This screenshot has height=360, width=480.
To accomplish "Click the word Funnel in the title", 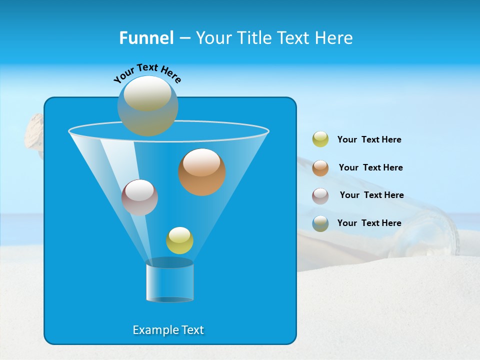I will click(x=146, y=38).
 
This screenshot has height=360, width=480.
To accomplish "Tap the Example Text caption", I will click(x=168, y=330).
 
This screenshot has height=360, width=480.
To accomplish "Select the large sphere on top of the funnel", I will click(x=147, y=105).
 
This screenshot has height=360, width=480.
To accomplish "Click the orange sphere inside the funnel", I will click(x=202, y=172).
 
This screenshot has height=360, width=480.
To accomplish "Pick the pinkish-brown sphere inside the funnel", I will click(x=139, y=197).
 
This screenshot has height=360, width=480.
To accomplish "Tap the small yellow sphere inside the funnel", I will click(x=179, y=240).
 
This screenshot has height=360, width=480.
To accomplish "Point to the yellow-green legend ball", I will click(x=320, y=139).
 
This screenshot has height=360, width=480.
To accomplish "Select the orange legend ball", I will click(x=320, y=168).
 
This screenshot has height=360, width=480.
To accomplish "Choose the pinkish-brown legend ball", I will click(x=320, y=196).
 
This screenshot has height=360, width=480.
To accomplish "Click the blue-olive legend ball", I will click(x=320, y=223).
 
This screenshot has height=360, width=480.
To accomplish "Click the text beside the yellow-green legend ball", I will click(x=369, y=140).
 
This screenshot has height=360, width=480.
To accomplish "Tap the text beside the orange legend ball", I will click(x=370, y=168).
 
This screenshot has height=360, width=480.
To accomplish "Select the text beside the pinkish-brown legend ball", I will click(x=371, y=195).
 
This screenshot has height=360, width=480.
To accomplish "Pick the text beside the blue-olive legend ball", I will click(x=369, y=223).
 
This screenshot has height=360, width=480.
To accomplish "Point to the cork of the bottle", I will click(x=34, y=131).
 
